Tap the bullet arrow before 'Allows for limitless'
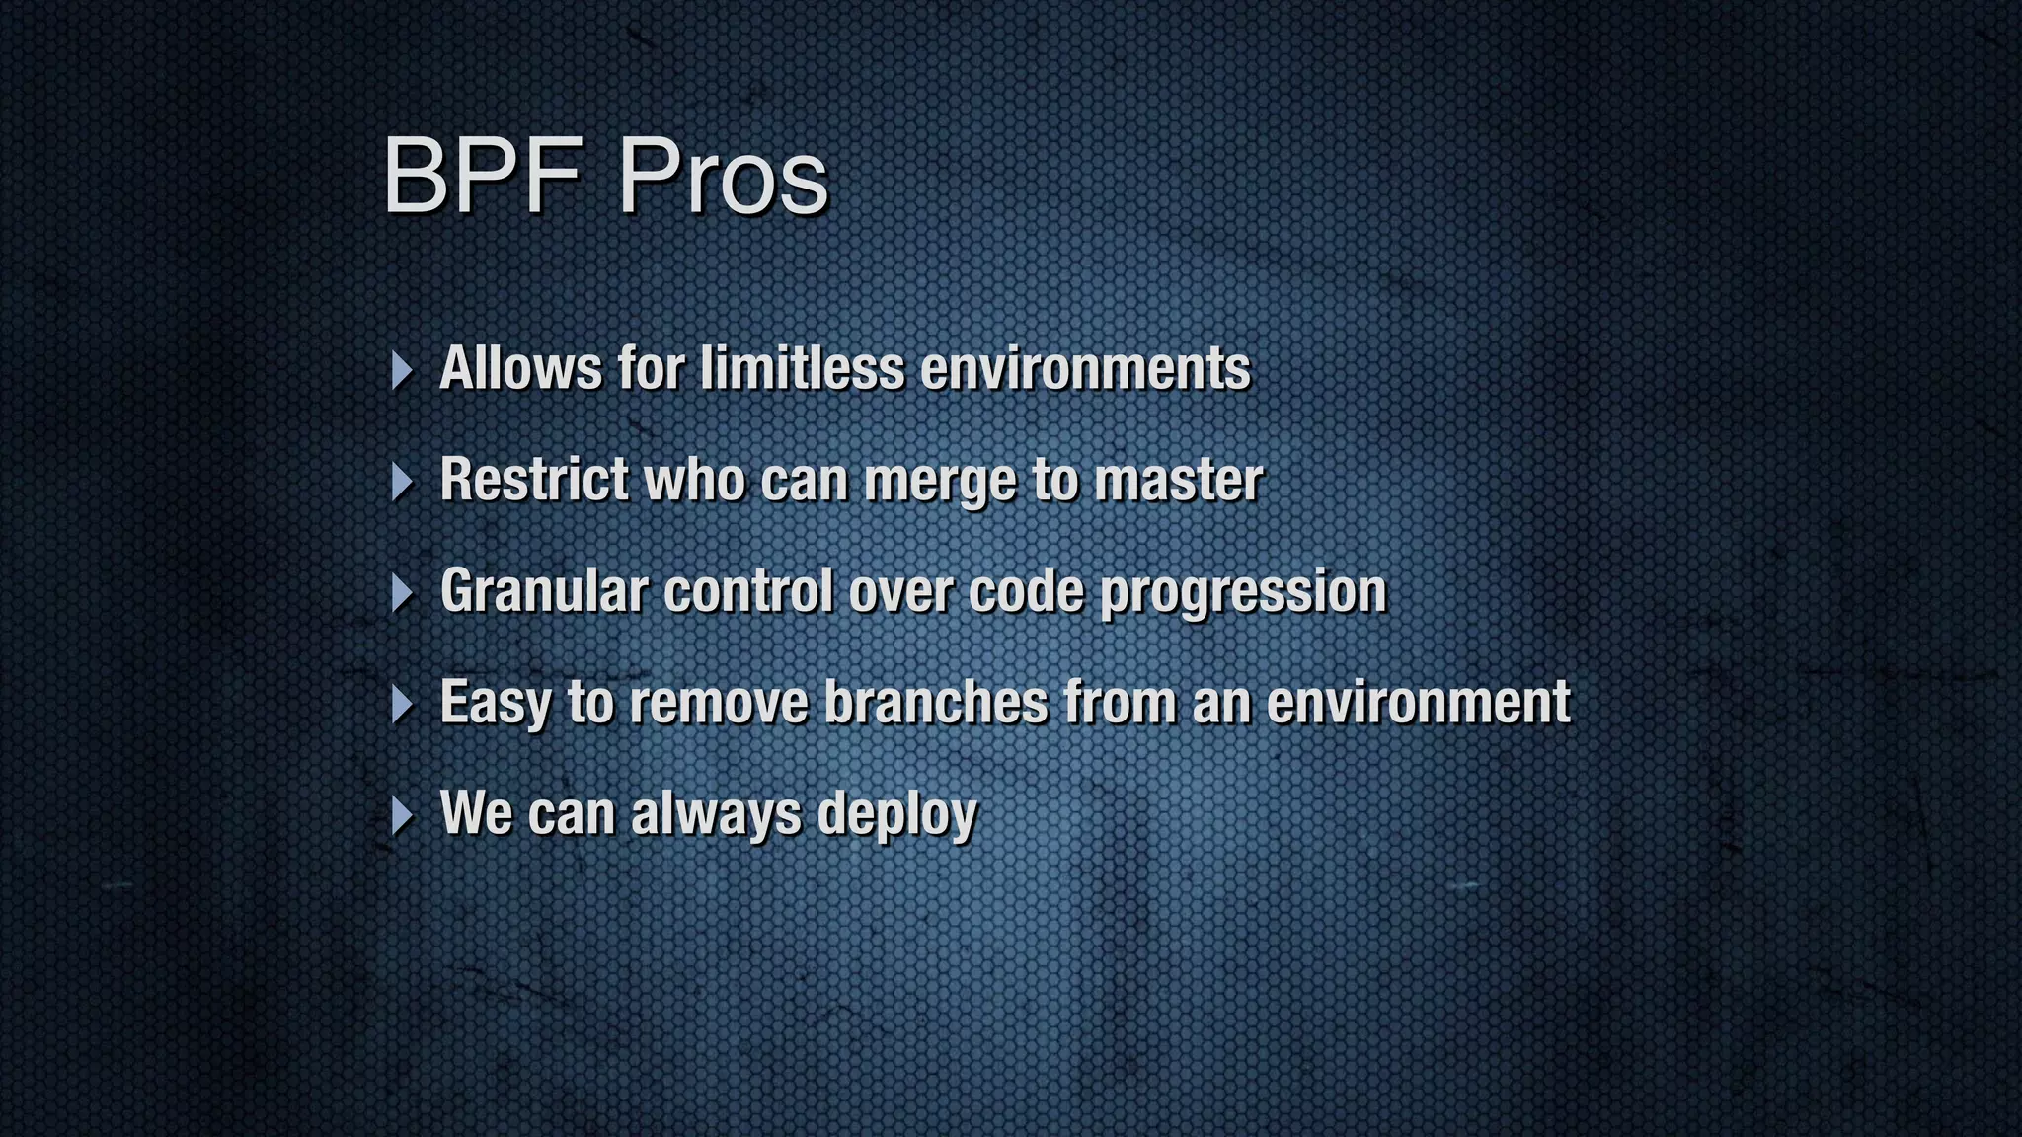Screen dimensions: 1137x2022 [x=401, y=370]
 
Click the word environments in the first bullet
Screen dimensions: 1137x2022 [x=1085, y=368]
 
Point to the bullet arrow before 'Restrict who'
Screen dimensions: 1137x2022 [x=401, y=482]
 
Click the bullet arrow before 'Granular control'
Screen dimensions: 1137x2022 [x=401, y=593]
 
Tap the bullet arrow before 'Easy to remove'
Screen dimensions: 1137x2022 [x=401, y=705]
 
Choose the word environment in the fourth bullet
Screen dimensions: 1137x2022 [x=1418, y=702]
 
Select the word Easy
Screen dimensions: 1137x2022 [x=496, y=704]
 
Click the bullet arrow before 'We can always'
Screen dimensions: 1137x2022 [x=401, y=816]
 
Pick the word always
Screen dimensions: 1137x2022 [x=716, y=815]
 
